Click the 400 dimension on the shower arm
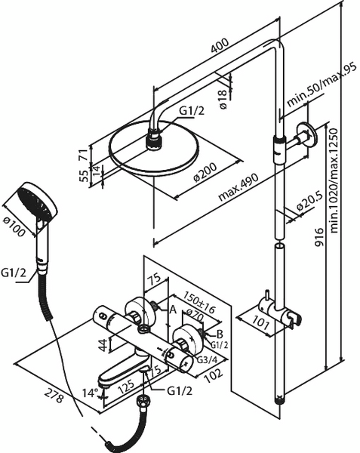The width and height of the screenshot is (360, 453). (220, 45)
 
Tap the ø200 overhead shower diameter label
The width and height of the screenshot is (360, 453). (205, 172)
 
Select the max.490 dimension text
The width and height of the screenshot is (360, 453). (238, 187)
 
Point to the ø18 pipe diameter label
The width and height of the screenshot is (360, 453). (223, 100)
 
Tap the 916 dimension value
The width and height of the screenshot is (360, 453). (318, 237)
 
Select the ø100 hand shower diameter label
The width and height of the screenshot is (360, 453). (14, 226)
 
